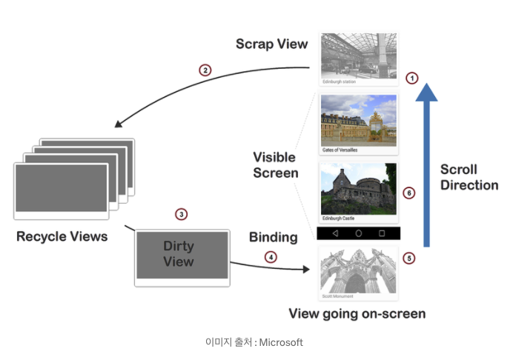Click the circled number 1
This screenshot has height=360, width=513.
[x=412, y=77]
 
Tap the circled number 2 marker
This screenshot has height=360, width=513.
[x=205, y=70]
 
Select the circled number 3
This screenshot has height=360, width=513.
[x=181, y=214]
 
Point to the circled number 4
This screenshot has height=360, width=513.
[x=271, y=257]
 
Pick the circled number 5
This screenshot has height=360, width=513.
[x=408, y=259]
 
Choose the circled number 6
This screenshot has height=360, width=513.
[x=408, y=193]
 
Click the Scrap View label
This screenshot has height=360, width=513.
[x=271, y=44]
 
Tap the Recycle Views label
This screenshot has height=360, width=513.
[x=62, y=237]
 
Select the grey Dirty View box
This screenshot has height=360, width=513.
[x=182, y=256]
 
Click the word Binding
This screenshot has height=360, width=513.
[x=273, y=238]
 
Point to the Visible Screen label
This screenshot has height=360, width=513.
[x=275, y=165]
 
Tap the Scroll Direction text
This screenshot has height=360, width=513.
[x=469, y=177]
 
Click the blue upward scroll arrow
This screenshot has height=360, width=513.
[x=426, y=163]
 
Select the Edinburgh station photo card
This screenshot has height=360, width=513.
[x=359, y=58]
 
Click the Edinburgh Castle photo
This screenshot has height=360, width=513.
[x=359, y=193]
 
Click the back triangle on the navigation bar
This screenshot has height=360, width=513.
[x=335, y=233]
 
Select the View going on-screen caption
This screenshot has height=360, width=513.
[x=357, y=313]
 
